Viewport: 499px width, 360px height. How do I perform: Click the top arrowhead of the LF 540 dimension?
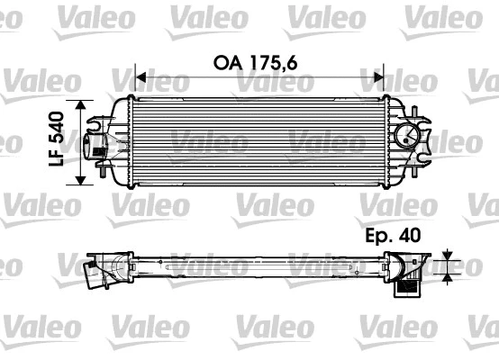(84, 104)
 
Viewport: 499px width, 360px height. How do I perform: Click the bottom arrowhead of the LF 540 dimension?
(84, 178)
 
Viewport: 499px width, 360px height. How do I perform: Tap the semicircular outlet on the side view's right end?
(416, 271)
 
